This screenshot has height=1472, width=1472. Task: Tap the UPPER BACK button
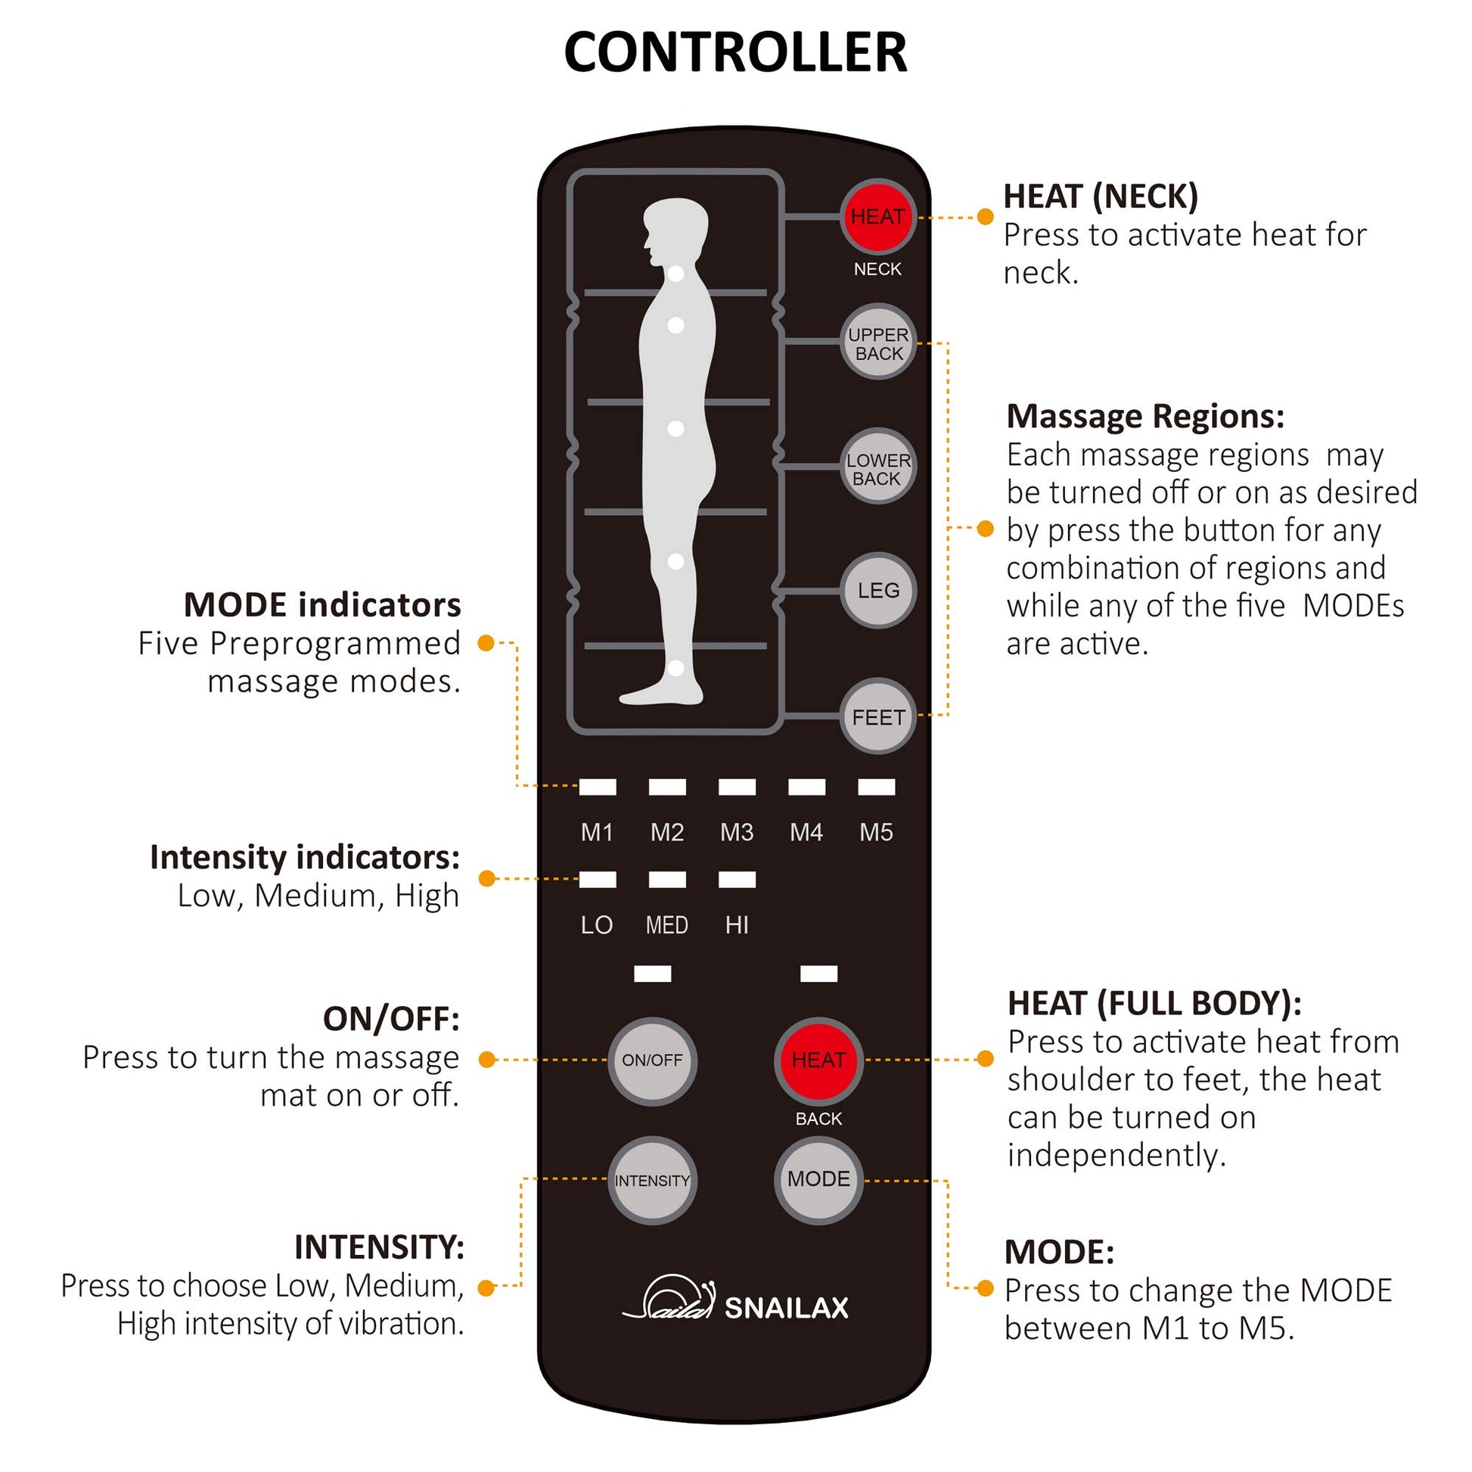878,343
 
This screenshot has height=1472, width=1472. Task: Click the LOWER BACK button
878,467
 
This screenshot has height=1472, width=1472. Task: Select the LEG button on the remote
878,591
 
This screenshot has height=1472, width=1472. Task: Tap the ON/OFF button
652,1060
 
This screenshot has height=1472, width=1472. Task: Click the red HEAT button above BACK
818,1060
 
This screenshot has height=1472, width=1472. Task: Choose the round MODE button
818,1180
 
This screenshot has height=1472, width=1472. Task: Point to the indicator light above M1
598,787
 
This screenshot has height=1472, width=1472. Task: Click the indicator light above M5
877,787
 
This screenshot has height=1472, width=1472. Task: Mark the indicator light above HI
738,880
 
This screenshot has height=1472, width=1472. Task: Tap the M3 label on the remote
737,833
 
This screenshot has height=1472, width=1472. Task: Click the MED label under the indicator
666,926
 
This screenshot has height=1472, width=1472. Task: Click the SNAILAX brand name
786,1308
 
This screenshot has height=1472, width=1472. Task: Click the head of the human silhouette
675,231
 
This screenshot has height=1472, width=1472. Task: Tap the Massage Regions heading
1145,417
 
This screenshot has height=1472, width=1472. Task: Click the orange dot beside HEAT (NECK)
985,217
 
